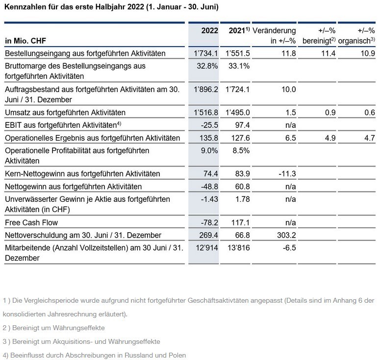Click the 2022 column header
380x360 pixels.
(x=210, y=31)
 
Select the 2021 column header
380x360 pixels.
(x=239, y=30)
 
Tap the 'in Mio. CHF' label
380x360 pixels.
(x=25, y=41)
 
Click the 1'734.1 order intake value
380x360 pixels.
(x=206, y=53)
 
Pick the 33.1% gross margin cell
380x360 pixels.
(x=239, y=66)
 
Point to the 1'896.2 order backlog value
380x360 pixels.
(x=206, y=89)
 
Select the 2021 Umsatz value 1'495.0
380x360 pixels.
(x=237, y=113)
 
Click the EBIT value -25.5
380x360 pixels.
(x=209, y=125)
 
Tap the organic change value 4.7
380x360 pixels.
(x=370, y=138)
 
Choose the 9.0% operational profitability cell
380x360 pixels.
(x=209, y=150)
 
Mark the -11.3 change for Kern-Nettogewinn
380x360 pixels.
(x=287, y=174)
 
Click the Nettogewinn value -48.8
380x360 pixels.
(x=209, y=187)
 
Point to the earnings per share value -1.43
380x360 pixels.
(x=209, y=199)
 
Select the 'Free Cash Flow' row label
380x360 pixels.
(x=31, y=222)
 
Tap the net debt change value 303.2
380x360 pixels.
(x=286, y=235)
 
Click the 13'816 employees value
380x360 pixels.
(x=239, y=248)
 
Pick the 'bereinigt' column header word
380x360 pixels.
(x=317, y=41)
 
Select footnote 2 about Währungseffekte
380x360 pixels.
(x=54, y=328)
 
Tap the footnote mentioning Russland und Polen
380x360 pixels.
(x=95, y=355)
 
